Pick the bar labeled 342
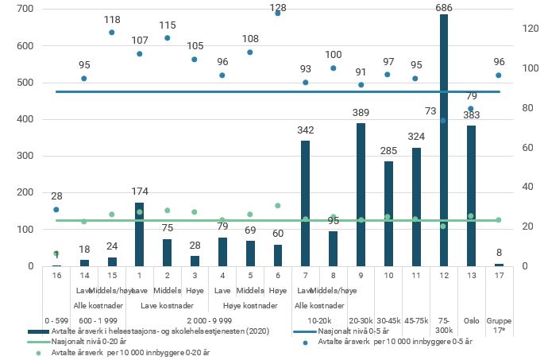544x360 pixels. pyautogui.click(x=305, y=203)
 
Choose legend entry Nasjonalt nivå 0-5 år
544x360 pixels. pyautogui.click(x=355, y=331)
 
